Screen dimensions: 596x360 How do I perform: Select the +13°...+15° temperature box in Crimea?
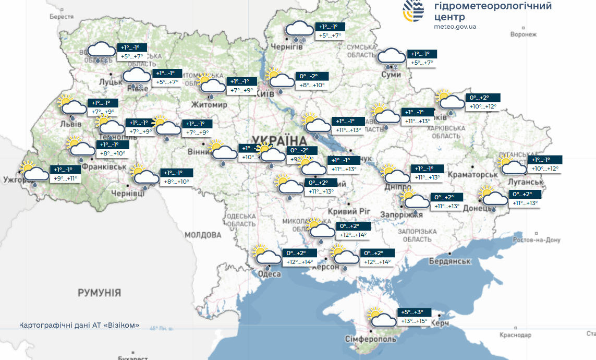[415, 321]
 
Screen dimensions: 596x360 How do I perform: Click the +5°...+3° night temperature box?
[415, 312]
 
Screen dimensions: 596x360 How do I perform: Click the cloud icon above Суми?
[391, 58]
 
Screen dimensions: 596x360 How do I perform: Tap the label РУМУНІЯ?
[99, 293]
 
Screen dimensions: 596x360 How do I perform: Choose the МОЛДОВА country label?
[203, 235]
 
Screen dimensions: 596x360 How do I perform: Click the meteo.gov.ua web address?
[455, 26]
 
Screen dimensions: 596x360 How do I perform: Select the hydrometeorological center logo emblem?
[413, 11]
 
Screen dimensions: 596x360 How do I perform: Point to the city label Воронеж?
[523, 34]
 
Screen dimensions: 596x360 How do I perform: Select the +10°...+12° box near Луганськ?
[545, 169]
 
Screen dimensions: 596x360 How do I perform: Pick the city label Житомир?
[209, 105]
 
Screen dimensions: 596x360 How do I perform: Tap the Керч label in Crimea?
[440, 324]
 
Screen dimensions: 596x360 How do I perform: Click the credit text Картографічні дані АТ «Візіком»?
[79, 325]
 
